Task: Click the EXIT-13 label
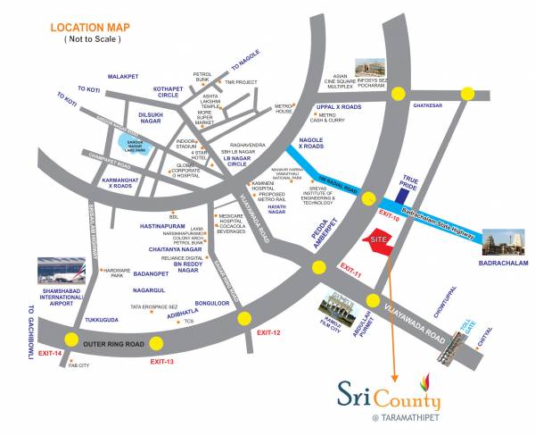tap(161, 360)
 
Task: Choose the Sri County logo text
tap(378, 390)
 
